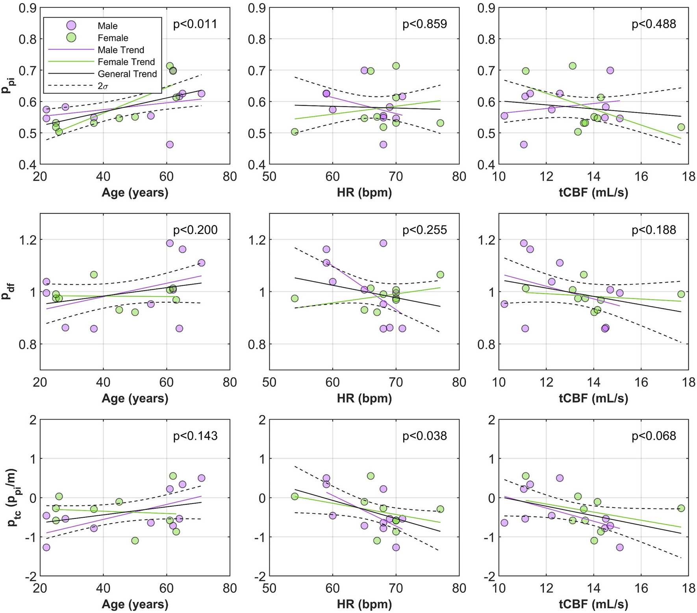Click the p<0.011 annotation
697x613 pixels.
[195, 24]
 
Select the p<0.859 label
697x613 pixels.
[425, 24]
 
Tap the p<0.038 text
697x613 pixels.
[425, 436]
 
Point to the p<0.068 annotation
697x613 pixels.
[654, 436]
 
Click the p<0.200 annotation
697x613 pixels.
[195, 230]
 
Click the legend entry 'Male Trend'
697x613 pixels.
[120, 50]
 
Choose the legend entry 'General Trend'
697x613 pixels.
[127, 74]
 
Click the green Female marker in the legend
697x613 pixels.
[71, 38]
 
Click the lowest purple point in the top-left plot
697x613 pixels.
[170, 144]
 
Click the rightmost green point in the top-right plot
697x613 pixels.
[681, 127]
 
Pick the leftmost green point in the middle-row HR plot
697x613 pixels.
[295, 298]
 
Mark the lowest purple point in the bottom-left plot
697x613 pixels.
[46, 547]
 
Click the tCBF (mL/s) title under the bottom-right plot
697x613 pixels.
[593, 604]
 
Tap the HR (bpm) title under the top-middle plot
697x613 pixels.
[364, 193]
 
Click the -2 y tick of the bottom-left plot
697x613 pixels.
[30, 576]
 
